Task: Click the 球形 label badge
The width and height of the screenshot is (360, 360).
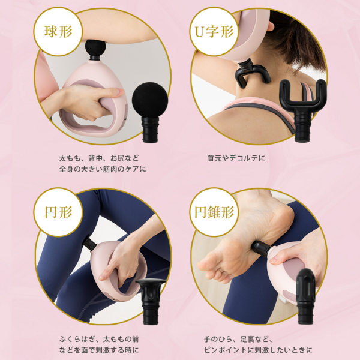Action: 58,31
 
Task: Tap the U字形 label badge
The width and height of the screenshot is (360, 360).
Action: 214,31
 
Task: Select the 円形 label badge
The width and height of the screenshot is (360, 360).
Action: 58,212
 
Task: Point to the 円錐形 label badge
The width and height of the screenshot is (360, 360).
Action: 214,212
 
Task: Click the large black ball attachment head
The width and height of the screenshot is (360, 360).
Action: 150,112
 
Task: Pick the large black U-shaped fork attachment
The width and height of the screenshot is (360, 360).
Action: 302,110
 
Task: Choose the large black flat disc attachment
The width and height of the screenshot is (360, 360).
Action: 151,301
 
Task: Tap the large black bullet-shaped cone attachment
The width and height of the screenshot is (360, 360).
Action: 306,296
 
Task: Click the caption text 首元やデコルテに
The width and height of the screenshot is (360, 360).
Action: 236,158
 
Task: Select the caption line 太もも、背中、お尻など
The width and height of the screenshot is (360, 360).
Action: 99,158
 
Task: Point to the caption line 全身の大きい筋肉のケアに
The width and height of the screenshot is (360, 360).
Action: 103,169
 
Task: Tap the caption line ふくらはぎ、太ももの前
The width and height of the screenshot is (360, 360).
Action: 99,339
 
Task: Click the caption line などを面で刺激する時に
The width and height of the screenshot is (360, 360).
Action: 99,350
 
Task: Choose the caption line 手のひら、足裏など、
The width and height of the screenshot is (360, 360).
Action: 238,339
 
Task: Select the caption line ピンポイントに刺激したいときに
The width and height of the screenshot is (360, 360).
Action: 258,350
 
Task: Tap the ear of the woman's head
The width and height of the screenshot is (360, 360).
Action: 271,25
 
